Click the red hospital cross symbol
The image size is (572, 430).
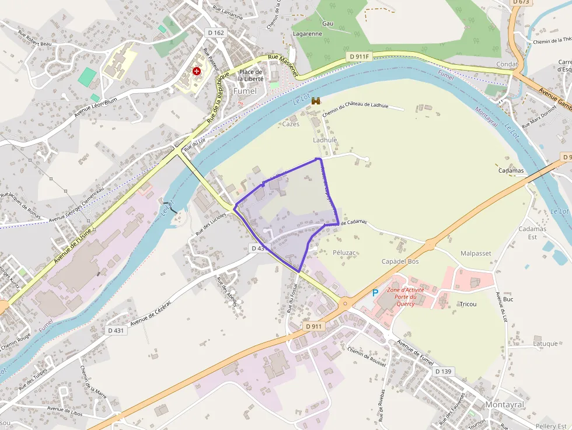[197, 71]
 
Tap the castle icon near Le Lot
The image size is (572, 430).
[316, 101]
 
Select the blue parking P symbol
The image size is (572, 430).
[375, 293]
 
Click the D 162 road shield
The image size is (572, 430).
[216, 33]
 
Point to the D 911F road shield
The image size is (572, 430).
[358, 56]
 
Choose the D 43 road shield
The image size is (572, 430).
[258, 248]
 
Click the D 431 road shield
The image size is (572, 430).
[116, 330]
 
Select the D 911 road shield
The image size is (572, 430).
[314, 327]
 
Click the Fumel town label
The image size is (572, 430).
[245, 92]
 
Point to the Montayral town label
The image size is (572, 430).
[505, 405]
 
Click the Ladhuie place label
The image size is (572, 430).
[326, 140]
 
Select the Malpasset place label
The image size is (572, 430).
[476, 253]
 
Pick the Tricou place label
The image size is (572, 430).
[468, 305]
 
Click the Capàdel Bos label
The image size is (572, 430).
[400, 261]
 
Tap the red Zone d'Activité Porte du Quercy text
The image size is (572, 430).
[405, 296]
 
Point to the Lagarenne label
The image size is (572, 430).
[308, 33]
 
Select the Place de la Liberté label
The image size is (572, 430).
[252, 75]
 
